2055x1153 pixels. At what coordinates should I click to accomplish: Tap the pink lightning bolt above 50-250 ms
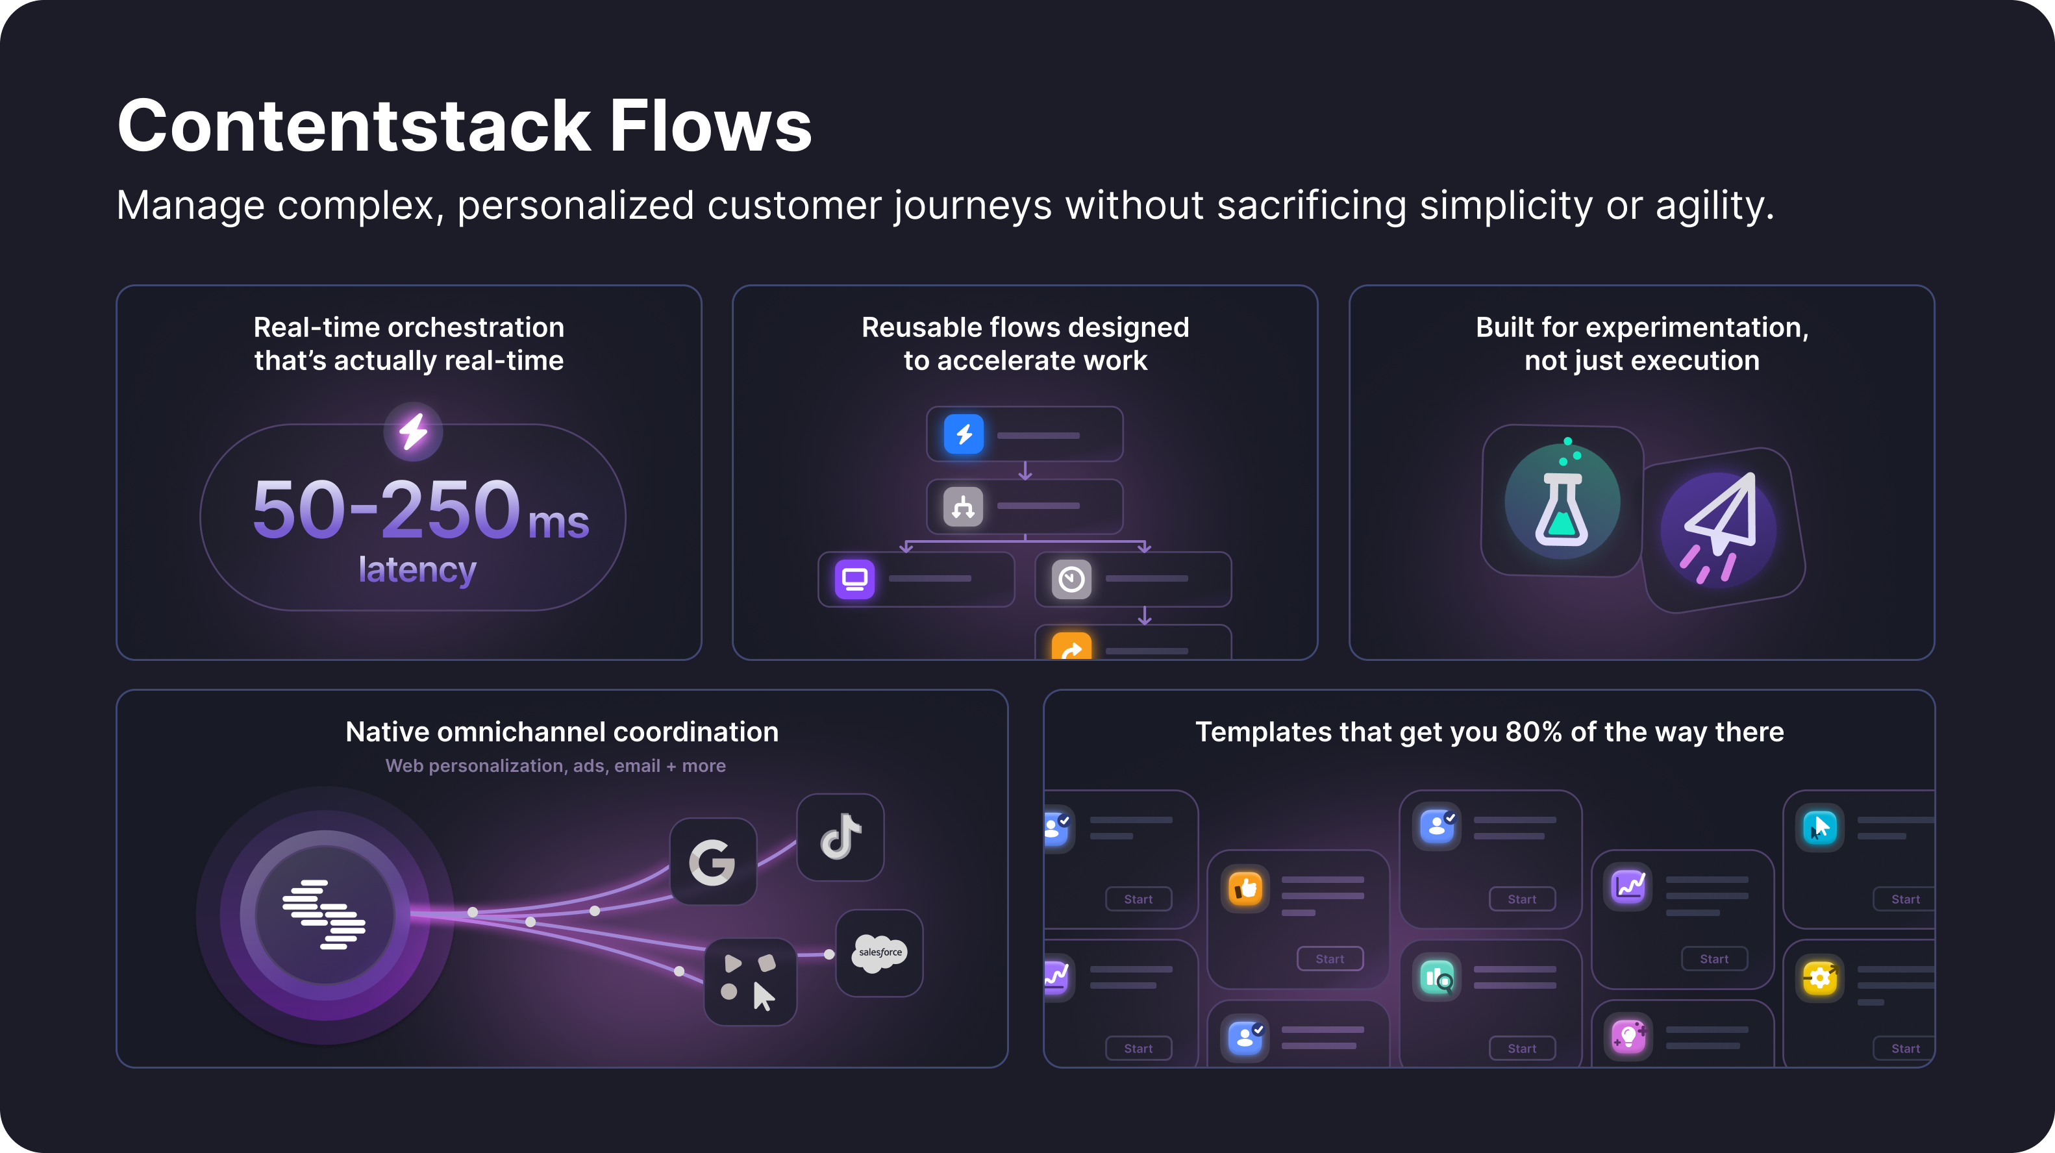413,432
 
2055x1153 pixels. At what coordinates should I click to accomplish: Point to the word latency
417,570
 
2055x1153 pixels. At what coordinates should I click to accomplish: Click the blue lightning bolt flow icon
964,434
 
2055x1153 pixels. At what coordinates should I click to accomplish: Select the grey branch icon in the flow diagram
963,506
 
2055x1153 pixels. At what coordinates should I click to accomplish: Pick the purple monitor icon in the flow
854,579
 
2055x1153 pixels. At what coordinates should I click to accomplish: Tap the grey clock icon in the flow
1071,579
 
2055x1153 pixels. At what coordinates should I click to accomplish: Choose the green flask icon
1562,502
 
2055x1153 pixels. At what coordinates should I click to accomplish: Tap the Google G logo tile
712,862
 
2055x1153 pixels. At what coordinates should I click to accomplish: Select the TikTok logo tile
840,837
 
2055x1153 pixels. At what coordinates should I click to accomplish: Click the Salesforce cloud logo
880,953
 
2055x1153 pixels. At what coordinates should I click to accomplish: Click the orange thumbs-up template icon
1245,888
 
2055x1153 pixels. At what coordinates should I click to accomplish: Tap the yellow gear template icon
1820,978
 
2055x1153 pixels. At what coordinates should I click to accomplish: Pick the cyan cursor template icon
1820,828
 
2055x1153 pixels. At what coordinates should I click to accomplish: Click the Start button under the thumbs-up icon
1330,958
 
